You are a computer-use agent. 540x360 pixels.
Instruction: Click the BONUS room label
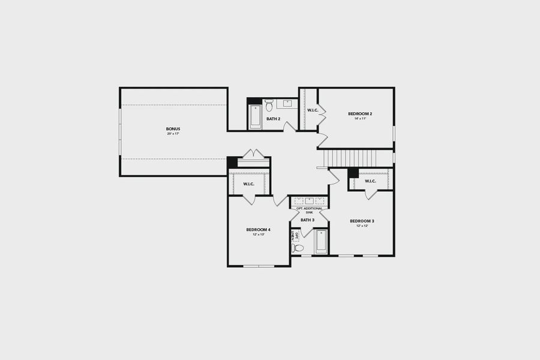tap(173, 129)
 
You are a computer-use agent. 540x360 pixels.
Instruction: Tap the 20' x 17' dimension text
tap(173, 134)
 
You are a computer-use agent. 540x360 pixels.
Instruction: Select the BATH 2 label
tap(274, 119)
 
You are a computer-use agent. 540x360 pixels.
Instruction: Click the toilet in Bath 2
tap(269, 106)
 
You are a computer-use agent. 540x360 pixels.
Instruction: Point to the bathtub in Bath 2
tap(256, 116)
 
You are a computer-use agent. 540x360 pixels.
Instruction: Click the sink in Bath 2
tap(287, 104)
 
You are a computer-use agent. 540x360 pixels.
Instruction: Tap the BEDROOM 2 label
tap(360, 113)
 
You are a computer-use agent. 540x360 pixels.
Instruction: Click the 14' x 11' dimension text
tap(360, 119)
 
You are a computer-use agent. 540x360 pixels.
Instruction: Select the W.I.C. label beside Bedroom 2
tap(313, 110)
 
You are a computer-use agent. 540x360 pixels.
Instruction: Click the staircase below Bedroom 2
tap(350, 158)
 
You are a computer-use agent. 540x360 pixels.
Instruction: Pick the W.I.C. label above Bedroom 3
tap(370, 181)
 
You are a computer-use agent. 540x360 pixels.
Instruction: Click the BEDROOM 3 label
tap(362, 221)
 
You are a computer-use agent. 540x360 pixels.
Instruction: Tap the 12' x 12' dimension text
tap(362, 226)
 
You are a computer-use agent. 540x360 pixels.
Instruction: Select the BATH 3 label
tap(308, 220)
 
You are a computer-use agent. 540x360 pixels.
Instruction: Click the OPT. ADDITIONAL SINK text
tap(310, 210)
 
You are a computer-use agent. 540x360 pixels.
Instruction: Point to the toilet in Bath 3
tap(298, 247)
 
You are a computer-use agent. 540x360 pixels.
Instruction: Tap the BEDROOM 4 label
tap(258, 230)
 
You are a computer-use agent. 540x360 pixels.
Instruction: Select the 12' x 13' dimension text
tap(258, 235)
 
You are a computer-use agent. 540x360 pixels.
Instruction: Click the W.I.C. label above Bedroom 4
tap(248, 184)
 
